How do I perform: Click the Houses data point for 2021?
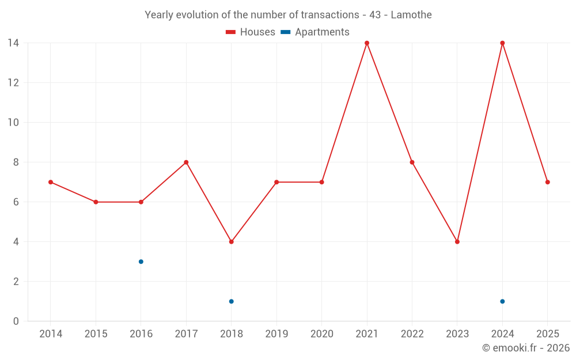point(367,43)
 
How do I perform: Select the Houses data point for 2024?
point(502,43)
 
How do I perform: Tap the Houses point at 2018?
point(231,242)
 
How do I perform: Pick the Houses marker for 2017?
point(186,162)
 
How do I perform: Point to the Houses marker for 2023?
point(457,242)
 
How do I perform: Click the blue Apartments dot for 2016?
point(141,262)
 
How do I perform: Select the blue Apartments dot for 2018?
point(231,301)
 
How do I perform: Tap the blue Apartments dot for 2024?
point(502,301)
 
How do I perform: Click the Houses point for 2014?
point(51,182)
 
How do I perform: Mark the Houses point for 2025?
point(548,182)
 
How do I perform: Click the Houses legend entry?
point(251,32)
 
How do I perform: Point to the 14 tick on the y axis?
point(13,43)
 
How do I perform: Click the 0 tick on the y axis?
point(16,321)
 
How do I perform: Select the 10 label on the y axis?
point(13,122)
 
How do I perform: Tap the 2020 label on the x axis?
point(321,334)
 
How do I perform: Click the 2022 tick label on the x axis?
point(412,334)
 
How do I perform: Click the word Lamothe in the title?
point(411,15)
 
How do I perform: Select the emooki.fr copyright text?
point(526,348)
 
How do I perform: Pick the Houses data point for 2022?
point(412,162)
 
